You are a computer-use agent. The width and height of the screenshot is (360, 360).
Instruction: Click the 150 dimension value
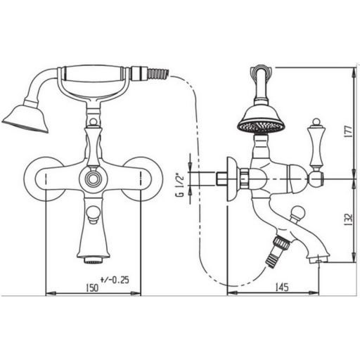coord(91,288)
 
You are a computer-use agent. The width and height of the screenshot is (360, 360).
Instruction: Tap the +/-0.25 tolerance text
coord(115,280)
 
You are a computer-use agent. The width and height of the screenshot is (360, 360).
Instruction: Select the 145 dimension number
coord(281,287)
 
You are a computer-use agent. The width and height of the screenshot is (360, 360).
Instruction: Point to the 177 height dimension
coord(349,131)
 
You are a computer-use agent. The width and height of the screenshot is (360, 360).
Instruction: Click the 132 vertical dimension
coord(349,219)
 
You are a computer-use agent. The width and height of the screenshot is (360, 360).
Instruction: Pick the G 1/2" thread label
coord(180,185)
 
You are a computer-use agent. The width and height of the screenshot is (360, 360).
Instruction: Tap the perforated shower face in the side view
coord(262,127)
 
